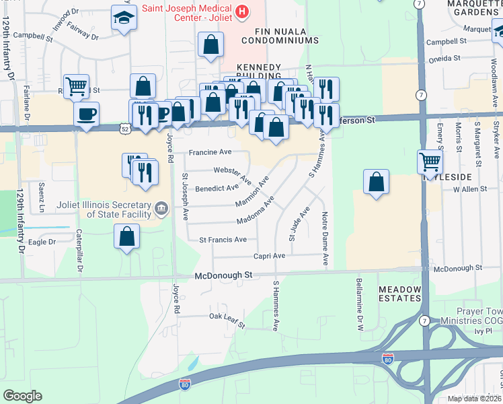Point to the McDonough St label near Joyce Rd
point(223,275)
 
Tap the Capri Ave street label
point(270,256)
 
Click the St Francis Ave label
point(223,240)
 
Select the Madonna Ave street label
point(256,211)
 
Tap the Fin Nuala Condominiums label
point(286,36)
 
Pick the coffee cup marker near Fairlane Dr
point(86,114)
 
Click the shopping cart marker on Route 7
point(430,160)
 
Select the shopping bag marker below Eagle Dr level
point(126,236)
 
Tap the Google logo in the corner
point(22,396)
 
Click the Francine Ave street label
point(210,152)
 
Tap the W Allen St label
point(469,191)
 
